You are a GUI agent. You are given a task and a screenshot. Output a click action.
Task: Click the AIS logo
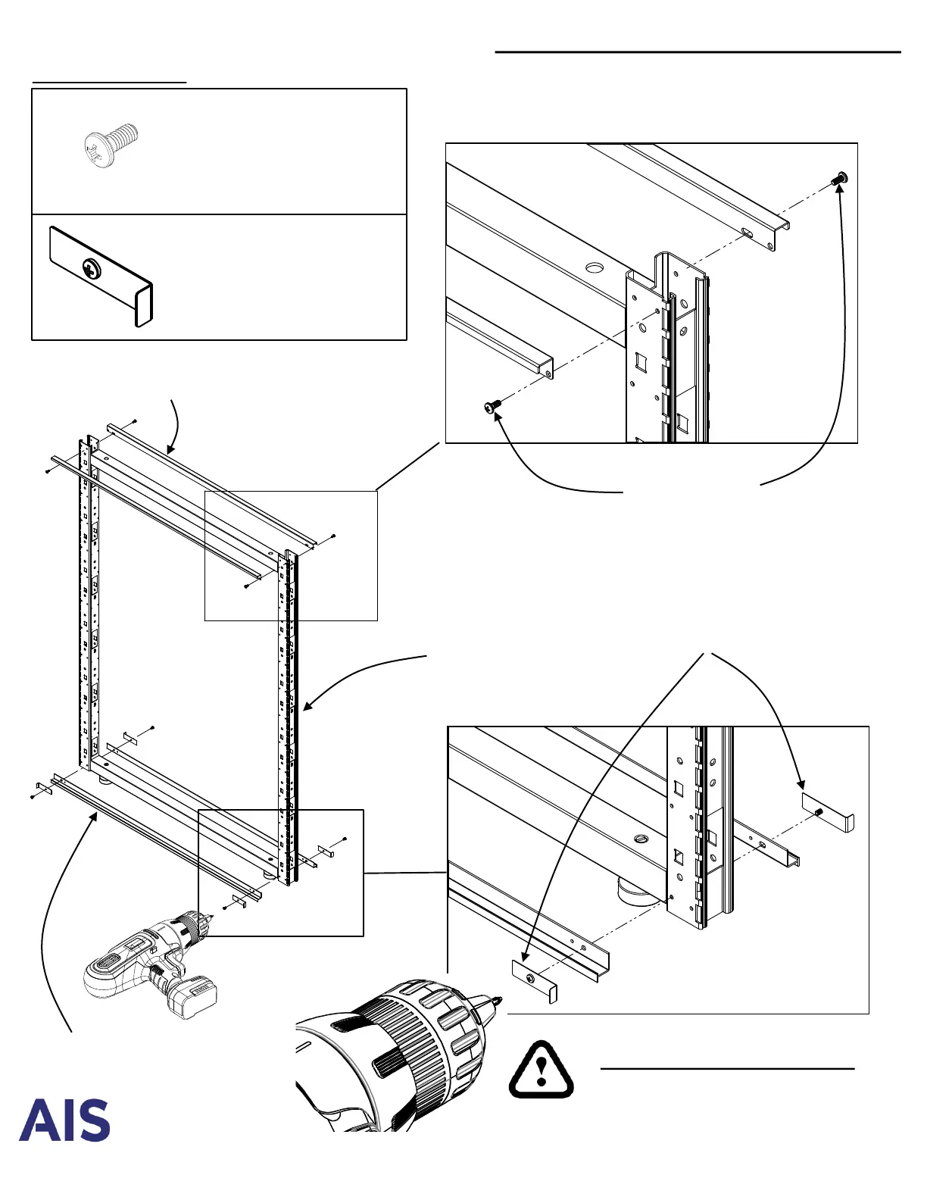click(x=64, y=1120)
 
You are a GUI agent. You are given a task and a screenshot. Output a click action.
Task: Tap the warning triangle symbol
click(x=541, y=1069)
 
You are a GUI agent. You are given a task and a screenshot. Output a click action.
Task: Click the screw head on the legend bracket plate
click(x=92, y=268)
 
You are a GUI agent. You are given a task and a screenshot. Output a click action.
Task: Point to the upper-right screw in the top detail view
click(x=839, y=179)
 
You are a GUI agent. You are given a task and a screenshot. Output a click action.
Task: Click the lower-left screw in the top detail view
click(x=492, y=408)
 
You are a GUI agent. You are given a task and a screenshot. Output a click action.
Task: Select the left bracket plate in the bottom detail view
click(x=535, y=980)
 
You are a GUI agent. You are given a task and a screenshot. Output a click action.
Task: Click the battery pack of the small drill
click(x=193, y=995)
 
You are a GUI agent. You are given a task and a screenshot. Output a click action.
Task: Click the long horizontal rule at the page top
click(x=698, y=52)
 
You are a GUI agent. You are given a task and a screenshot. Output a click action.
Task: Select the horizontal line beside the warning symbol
click(x=727, y=1068)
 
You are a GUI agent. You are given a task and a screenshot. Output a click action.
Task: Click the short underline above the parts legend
click(x=109, y=80)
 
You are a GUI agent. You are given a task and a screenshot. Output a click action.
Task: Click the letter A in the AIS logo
click(x=36, y=1121)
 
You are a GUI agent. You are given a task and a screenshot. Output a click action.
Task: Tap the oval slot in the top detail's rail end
click(x=748, y=233)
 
